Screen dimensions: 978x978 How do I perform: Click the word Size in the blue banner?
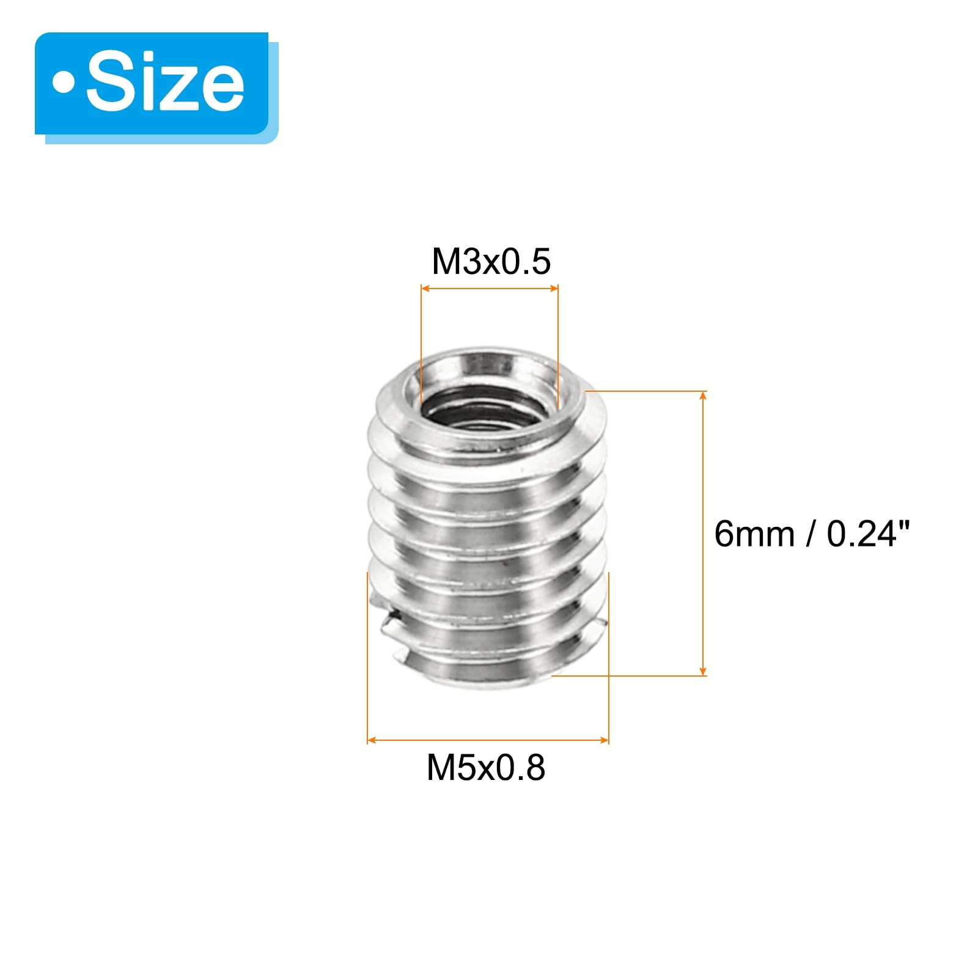165,83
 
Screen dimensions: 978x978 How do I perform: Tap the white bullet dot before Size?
63,84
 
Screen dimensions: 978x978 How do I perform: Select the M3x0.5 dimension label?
491,262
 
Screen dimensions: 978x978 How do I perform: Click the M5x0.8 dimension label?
486,767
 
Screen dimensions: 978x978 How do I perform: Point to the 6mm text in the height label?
754,534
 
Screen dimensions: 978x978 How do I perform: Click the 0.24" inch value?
869,534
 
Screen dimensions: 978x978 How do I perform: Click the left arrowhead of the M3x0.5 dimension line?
425,289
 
